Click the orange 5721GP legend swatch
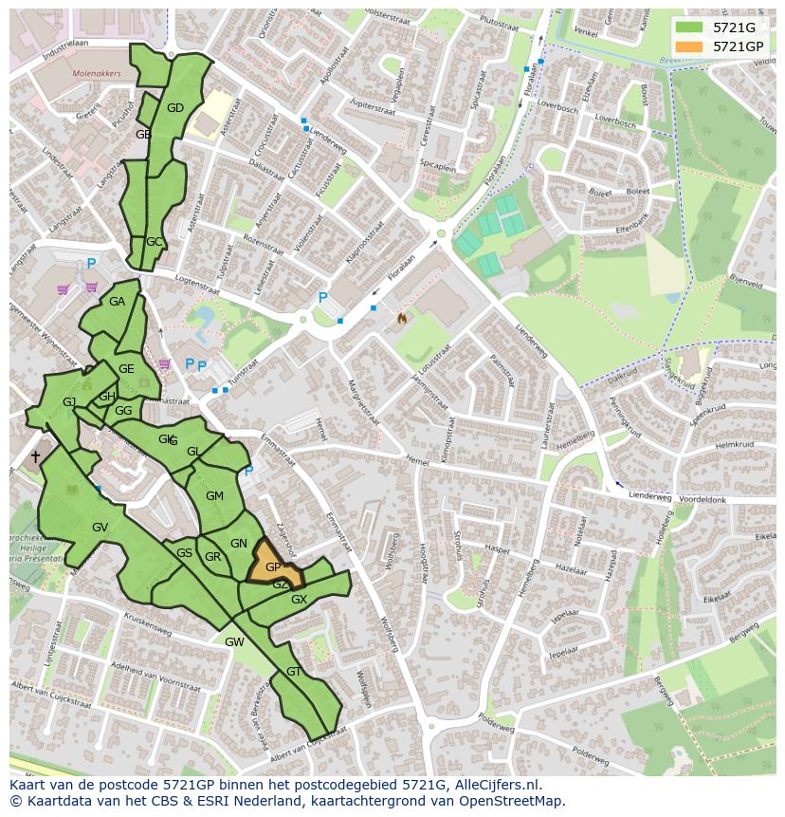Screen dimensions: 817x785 (690, 46)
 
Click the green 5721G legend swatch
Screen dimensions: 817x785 (690, 28)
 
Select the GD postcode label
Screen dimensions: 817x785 (175, 108)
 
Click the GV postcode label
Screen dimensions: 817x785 (100, 528)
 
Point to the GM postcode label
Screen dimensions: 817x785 (214, 496)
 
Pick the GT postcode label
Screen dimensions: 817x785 (294, 672)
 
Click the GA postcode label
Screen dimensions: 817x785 (117, 302)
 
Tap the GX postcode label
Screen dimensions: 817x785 (299, 600)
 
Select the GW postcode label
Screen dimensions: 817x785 (234, 642)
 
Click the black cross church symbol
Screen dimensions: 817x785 (35, 457)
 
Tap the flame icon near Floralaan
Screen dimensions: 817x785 (402, 319)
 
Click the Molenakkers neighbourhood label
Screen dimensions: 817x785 (97, 72)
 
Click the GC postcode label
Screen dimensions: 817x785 (155, 242)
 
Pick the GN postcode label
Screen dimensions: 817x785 (239, 544)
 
